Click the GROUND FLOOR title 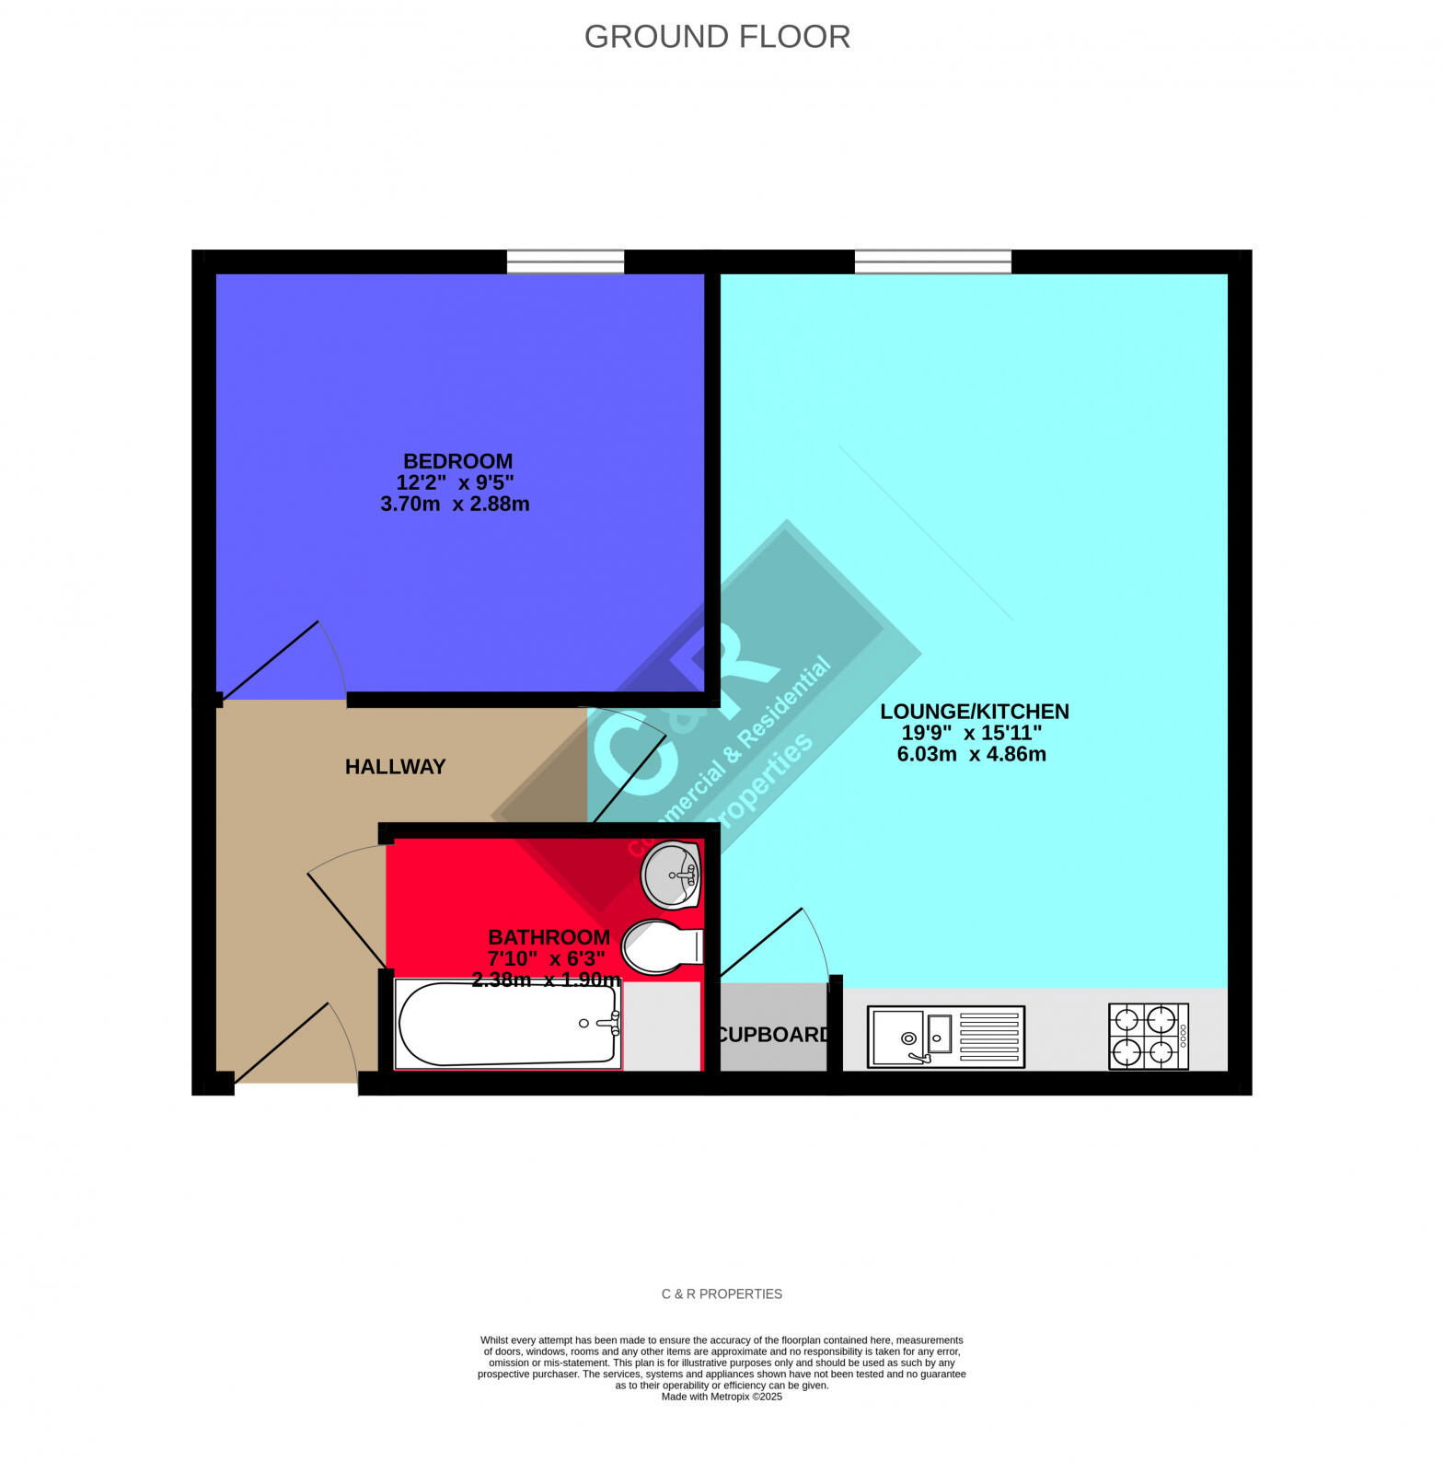(717, 37)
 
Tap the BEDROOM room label (457, 461)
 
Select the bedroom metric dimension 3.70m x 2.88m (455, 505)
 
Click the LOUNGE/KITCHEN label (974, 712)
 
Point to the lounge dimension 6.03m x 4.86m (971, 754)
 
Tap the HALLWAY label (395, 767)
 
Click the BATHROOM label (549, 937)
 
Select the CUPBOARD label (772, 1035)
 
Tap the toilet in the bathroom (661, 945)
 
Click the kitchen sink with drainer (945, 1038)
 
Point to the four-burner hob (1148, 1037)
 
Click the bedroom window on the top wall (565, 261)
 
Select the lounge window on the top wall (932, 261)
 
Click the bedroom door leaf (271, 659)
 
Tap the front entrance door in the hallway (282, 1042)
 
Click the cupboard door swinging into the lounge (760, 943)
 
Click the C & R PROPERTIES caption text (722, 1293)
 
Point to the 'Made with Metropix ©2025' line (722, 1397)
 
